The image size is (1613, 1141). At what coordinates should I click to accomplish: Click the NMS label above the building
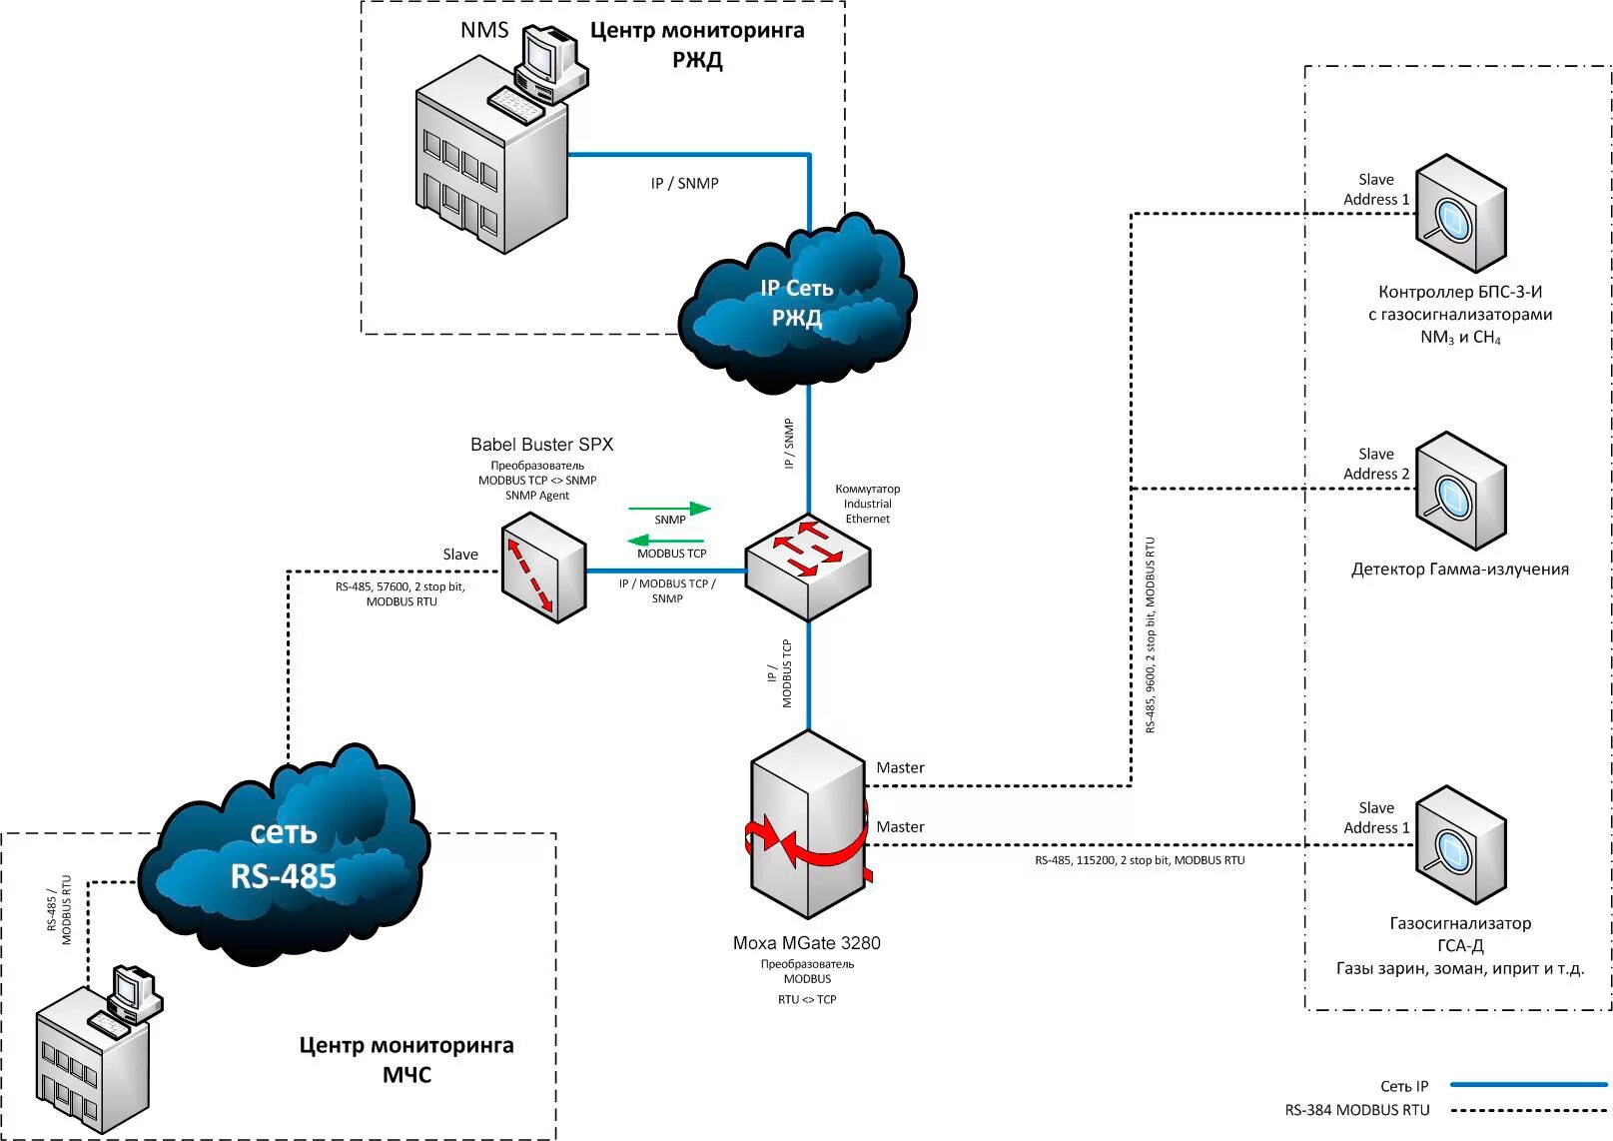point(484,30)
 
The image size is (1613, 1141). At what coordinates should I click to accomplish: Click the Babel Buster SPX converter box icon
point(542,567)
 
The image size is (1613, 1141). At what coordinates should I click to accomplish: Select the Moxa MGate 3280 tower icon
point(808,824)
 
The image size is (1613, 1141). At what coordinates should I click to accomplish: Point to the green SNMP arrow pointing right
point(669,509)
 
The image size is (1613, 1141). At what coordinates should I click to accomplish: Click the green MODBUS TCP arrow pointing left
point(668,541)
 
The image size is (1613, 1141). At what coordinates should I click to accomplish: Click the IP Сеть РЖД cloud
point(796,303)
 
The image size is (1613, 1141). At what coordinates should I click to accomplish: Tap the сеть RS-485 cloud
point(284,855)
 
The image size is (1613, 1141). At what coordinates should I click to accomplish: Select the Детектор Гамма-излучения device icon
point(1460,491)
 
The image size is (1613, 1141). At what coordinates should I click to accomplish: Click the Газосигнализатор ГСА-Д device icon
point(1460,845)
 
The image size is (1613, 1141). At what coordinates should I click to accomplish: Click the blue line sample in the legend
point(1527,1084)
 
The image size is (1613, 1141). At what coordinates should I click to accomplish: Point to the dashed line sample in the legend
point(1527,1110)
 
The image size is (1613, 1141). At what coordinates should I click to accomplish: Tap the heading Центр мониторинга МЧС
point(406,1059)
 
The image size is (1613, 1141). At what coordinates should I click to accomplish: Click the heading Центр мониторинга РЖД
point(697,45)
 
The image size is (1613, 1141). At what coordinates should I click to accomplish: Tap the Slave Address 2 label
point(1376,464)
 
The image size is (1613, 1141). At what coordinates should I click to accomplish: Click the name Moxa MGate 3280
point(807,942)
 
